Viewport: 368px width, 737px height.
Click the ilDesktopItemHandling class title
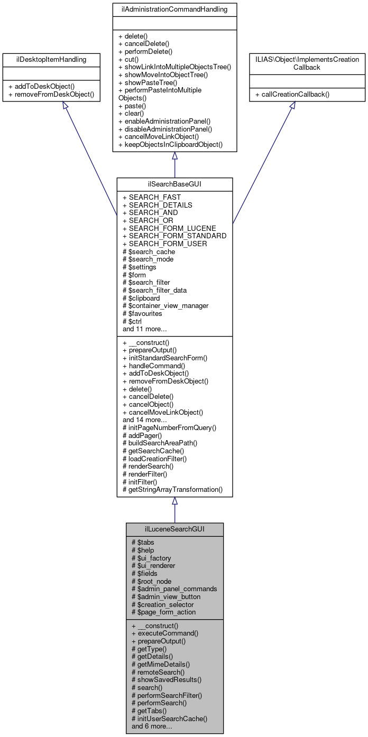[51, 59]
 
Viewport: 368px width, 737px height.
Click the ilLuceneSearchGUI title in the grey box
[174, 529]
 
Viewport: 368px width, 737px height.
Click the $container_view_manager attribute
[165, 305]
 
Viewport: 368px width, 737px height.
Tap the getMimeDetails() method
[161, 664]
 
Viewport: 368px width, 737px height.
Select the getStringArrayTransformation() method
[173, 489]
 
